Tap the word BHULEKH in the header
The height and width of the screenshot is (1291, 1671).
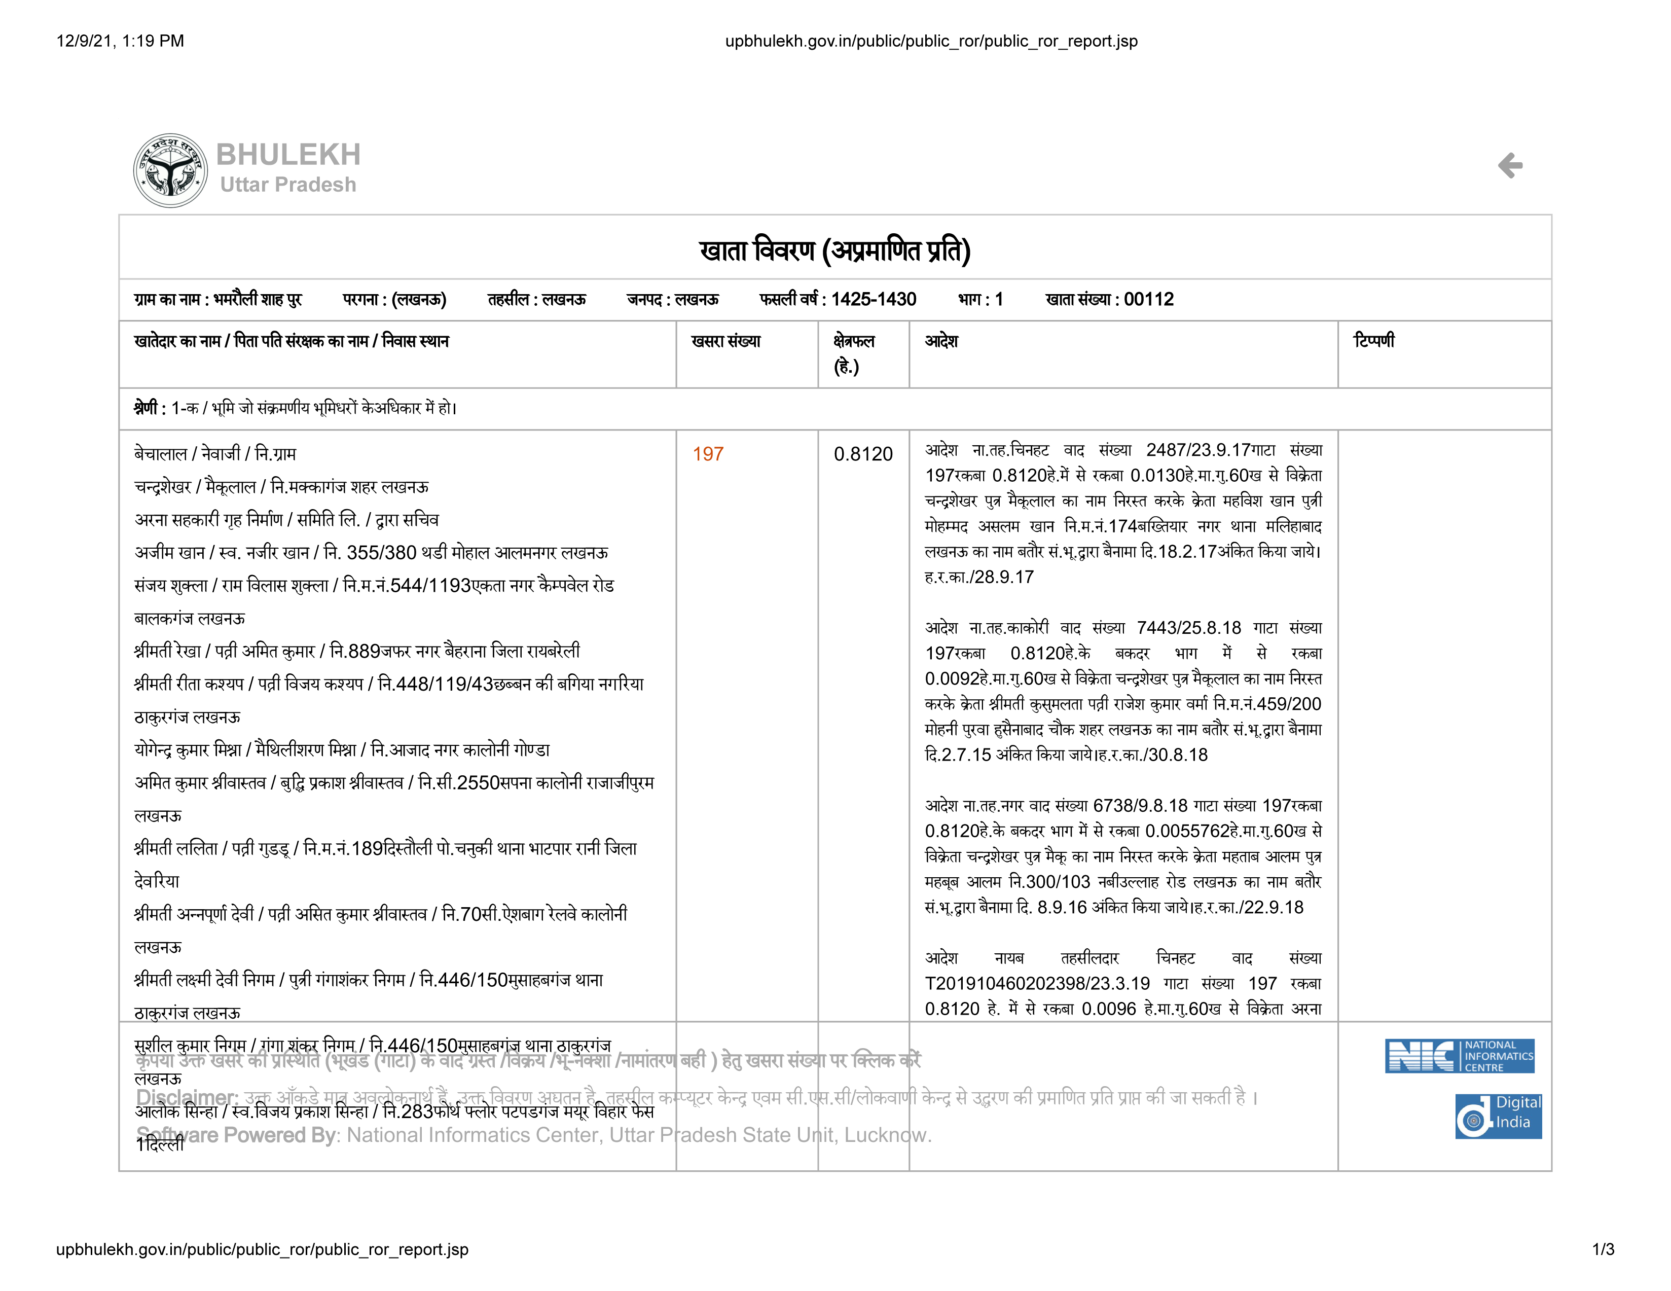[x=288, y=155]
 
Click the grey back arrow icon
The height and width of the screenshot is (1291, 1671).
[x=1510, y=165]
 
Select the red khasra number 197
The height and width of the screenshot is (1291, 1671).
[x=708, y=454]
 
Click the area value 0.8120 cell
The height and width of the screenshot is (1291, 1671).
[x=863, y=454]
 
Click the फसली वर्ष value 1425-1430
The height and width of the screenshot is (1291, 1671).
[x=874, y=299]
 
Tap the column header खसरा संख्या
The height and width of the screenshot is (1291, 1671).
[x=725, y=341]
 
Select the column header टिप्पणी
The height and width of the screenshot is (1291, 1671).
[x=1373, y=341]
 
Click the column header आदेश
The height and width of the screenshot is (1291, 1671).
[x=941, y=341]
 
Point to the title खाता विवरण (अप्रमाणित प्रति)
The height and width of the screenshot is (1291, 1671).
[x=834, y=250]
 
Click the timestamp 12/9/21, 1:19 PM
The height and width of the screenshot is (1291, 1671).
[x=120, y=41]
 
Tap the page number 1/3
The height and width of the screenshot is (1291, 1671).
[x=1603, y=1250]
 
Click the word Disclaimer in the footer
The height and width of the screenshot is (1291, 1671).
[x=187, y=1097]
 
